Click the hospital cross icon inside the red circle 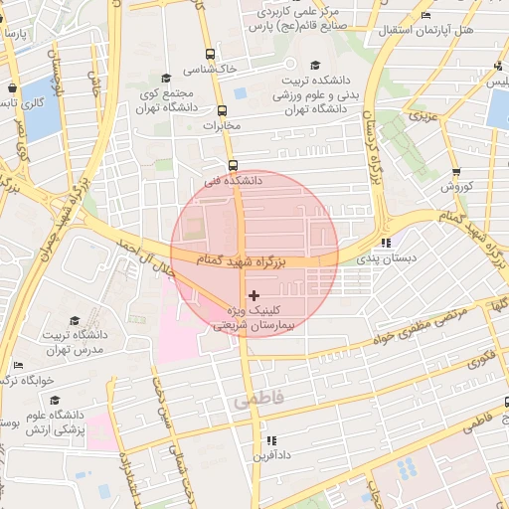coord(254,295)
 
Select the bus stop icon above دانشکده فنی coord(233,165)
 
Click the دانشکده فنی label coord(233,181)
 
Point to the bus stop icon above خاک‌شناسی coord(210,55)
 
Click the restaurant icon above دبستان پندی coord(386,242)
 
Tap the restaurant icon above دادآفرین coord(271,439)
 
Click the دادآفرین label coord(271,455)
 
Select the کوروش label coord(455,186)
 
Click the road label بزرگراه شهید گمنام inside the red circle coord(237,259)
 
